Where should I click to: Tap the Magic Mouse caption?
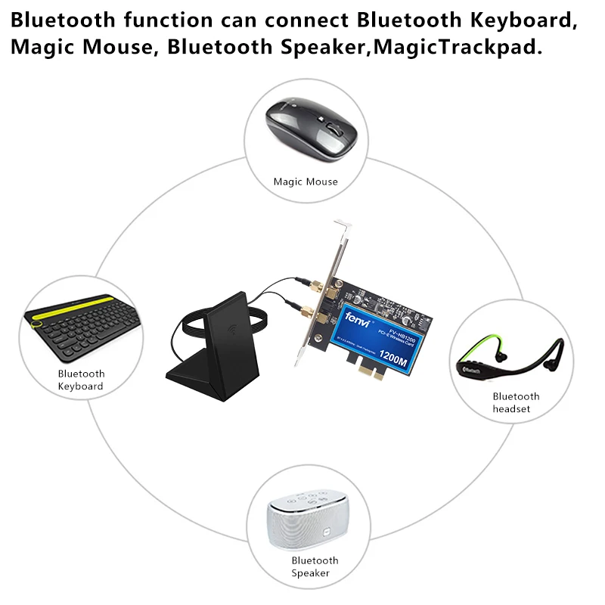tap(306, 181)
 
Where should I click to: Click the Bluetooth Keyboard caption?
tap(81, 380)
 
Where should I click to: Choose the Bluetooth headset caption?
tap(516, 402)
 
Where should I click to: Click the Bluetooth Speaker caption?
tap(315, 566)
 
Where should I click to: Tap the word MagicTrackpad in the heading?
tap(468, 47)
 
